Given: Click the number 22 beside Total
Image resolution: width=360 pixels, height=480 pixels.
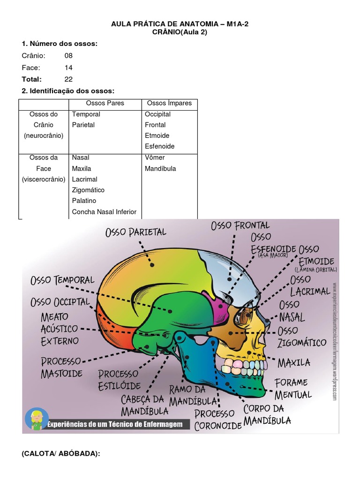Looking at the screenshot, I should point(68,79).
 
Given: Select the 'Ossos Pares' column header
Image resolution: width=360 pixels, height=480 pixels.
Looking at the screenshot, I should point(105,103).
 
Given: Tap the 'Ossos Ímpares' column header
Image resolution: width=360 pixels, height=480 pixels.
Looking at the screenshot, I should point(169,103).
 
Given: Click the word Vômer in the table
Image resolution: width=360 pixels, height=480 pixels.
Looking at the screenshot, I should point(155,157).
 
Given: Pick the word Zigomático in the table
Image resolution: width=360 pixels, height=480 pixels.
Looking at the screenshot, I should point(88,190).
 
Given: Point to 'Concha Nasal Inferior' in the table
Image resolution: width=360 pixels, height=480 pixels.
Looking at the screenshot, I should point(104,212).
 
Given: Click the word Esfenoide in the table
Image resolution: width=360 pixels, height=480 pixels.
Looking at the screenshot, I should point(159,146).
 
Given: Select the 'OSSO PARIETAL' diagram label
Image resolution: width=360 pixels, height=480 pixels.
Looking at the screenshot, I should point(136,232).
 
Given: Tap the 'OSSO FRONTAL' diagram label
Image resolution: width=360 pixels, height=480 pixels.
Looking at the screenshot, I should point(240,226).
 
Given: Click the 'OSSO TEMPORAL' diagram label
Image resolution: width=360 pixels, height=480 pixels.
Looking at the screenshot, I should point(62,280).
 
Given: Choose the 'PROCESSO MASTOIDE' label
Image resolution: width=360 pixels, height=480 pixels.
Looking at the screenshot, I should point(61,367).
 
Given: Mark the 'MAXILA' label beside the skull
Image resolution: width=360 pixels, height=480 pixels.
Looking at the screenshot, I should point(294,362).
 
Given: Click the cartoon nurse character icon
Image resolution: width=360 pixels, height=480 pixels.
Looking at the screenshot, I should point(36,418).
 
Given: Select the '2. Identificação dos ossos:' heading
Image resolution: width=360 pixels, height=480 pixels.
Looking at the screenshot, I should point(68,91).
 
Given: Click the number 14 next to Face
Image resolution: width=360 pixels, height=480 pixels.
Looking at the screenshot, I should point(68,67).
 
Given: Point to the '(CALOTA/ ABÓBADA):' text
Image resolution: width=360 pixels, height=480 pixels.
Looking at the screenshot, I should point(60,454).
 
